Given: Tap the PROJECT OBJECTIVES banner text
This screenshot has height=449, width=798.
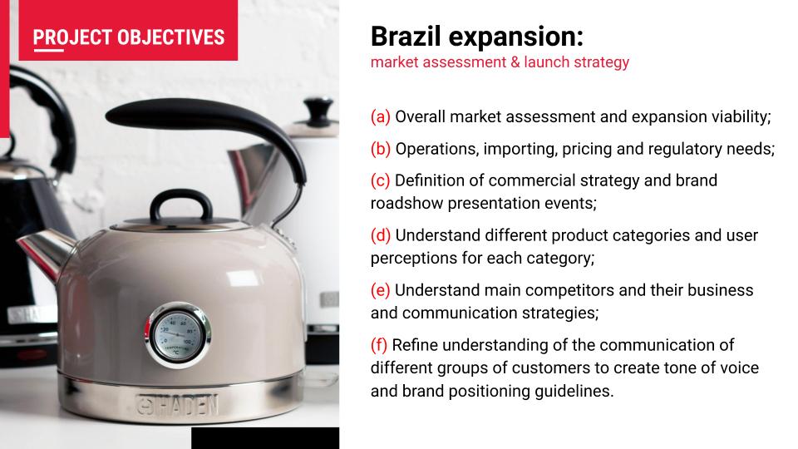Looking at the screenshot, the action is click(x=129, y=37).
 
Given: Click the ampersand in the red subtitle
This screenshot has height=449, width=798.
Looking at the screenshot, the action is click(x=515, y=62).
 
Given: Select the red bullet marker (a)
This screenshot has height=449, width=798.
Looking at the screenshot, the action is click(x=380, y=116).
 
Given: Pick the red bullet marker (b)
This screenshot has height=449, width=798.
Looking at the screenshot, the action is click(x=381, y=149).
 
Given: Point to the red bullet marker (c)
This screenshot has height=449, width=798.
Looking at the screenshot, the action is click(x=380, y=180).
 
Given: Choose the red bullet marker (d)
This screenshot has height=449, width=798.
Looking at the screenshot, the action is click(x=381, y=235).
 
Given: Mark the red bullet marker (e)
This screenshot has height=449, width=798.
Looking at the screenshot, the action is click(x=380, y=290).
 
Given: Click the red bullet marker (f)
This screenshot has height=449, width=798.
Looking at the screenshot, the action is click(x=379, y=345).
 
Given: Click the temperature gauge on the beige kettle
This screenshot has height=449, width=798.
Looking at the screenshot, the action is click(x=178, y=335).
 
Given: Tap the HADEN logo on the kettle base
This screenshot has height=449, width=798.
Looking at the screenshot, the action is click(x=178, y=405).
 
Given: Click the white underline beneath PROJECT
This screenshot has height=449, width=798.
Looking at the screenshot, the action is click(x=49, y=50).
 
